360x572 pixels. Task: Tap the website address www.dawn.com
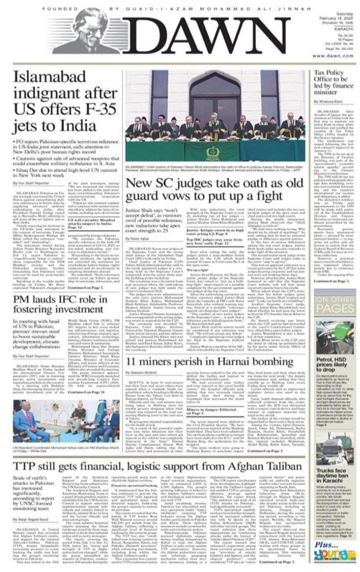click(334, 56)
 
